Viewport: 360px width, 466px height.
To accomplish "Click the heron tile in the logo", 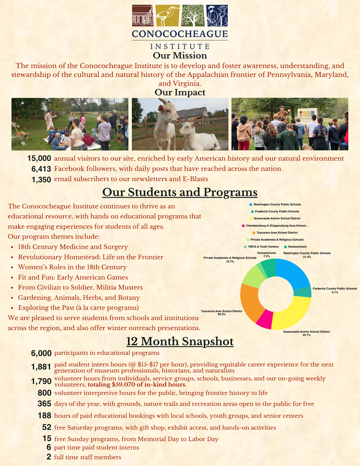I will click(x=167, y=15).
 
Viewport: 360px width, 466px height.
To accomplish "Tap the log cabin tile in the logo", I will click(x=143, y=15).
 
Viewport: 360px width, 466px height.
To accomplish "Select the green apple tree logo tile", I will click(x=192, y=15).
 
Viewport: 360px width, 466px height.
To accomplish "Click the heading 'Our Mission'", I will click(x=180, y=56).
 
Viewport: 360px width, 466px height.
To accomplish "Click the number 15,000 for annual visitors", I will click(x=39, y=158).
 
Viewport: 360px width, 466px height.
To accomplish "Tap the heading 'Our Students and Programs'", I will click(x=180, y=193).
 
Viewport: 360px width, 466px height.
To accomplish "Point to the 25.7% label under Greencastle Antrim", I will click(x=306, y=335).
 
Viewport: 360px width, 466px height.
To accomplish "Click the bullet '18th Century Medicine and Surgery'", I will click(x=73, y=247).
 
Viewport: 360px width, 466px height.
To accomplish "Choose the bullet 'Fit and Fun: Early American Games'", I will click(x=73, y=277).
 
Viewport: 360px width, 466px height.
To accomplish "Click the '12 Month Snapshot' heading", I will click(x=180, y=342).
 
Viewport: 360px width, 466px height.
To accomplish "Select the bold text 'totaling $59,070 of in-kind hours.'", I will click(x=137, y=385).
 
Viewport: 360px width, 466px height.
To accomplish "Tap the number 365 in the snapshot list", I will click(x=44, y=404).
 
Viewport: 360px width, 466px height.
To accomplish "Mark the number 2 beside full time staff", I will click(x=49, y=457).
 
